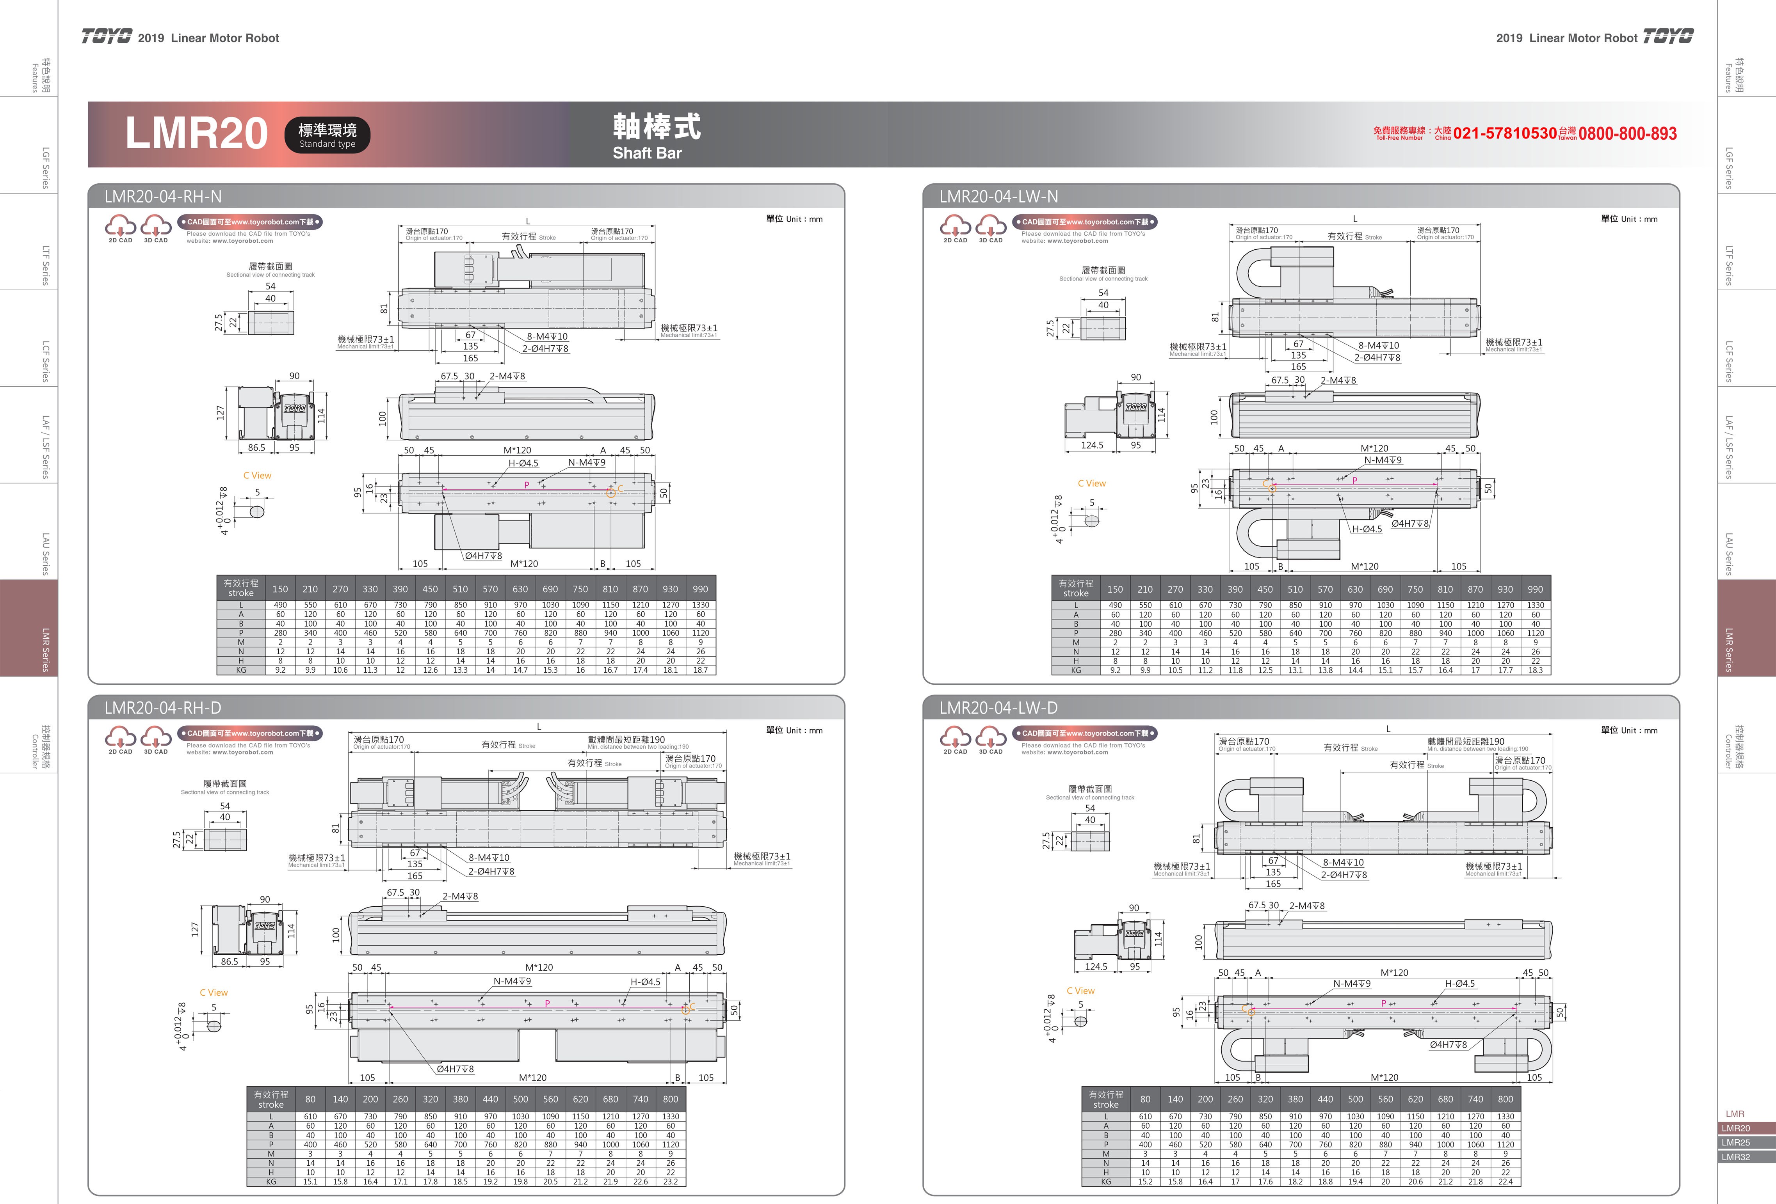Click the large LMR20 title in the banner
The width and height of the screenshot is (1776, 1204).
pos(196,134)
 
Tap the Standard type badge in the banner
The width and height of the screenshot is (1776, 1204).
pos(327,135)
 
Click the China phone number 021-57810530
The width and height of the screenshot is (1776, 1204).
pos(1505,134)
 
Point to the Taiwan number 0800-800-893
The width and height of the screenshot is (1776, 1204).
pos(1628,134)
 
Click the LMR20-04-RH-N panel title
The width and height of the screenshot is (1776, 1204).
pos(163,196)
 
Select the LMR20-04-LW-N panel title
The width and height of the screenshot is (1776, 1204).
pos(998,196)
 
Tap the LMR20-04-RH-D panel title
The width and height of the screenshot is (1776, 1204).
pos(163,707)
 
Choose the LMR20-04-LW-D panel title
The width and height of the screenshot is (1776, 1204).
pos(998,707)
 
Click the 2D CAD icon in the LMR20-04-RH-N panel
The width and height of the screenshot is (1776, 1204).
pos(120,228)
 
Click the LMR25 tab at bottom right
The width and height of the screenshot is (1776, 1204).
pos(1735,1142)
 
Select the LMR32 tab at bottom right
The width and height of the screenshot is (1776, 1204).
pos(1735,1157)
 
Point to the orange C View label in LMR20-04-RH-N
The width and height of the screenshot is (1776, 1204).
pos(257,475)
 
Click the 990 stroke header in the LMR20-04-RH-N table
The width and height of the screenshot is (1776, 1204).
pos(700,589)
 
